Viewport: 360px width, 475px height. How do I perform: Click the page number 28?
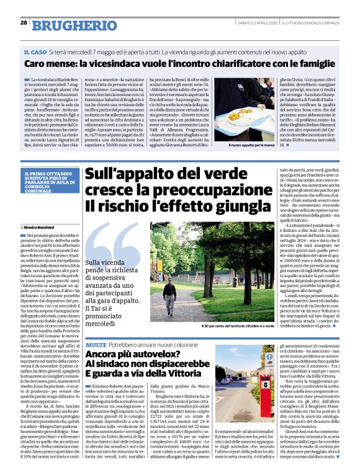24,22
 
